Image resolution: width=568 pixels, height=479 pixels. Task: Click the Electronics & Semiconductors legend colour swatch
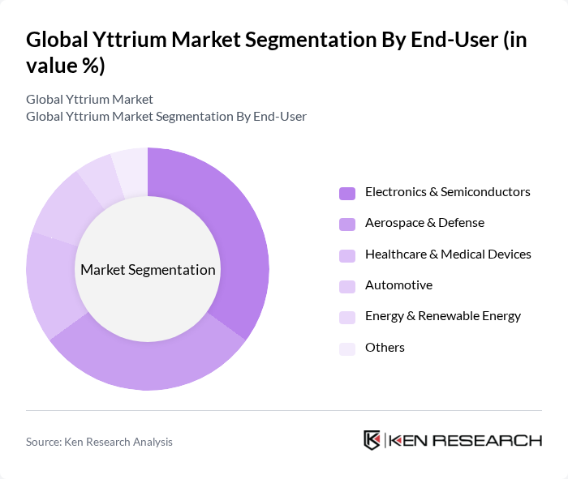pyautogui.click(x=347, y=193)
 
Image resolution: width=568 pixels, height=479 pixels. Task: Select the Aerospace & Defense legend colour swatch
pyautogui.click(x=347, y=224)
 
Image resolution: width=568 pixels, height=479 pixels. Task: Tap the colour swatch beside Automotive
pyautogui.click(x=347, y=286)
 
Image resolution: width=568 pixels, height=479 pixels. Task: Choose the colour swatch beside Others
pyautogui.click(x=347, y=349)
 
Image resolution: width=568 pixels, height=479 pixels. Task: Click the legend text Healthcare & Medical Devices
pyautogui.click(x=448, y=254)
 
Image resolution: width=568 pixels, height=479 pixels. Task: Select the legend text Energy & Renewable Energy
pyautogui.click(x=443, y=316)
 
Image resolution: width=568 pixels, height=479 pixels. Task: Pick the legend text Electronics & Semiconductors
pyautogui.click(x=447, y=192)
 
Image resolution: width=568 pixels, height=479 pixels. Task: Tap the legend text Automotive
pyautogui.click(x=398, y=285)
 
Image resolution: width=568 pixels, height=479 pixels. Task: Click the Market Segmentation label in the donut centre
pyautogui.click(x=148, y=270)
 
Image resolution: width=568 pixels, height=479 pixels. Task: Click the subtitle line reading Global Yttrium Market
pyautogui.click(x=89, y=100)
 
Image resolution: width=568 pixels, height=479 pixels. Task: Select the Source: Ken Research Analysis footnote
pyautogui.click(x=99, y=442)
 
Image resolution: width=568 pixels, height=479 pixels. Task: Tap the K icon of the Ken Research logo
pyautogui.click(x=372, y=440)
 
